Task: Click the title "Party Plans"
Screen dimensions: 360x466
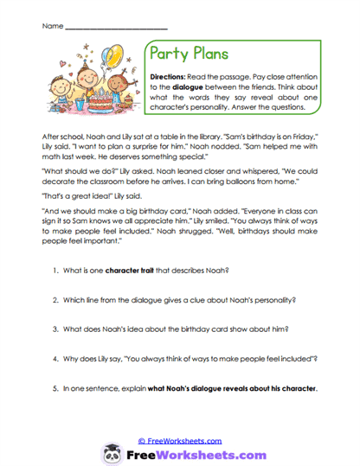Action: pyautogui.click(x=189, y=54)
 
